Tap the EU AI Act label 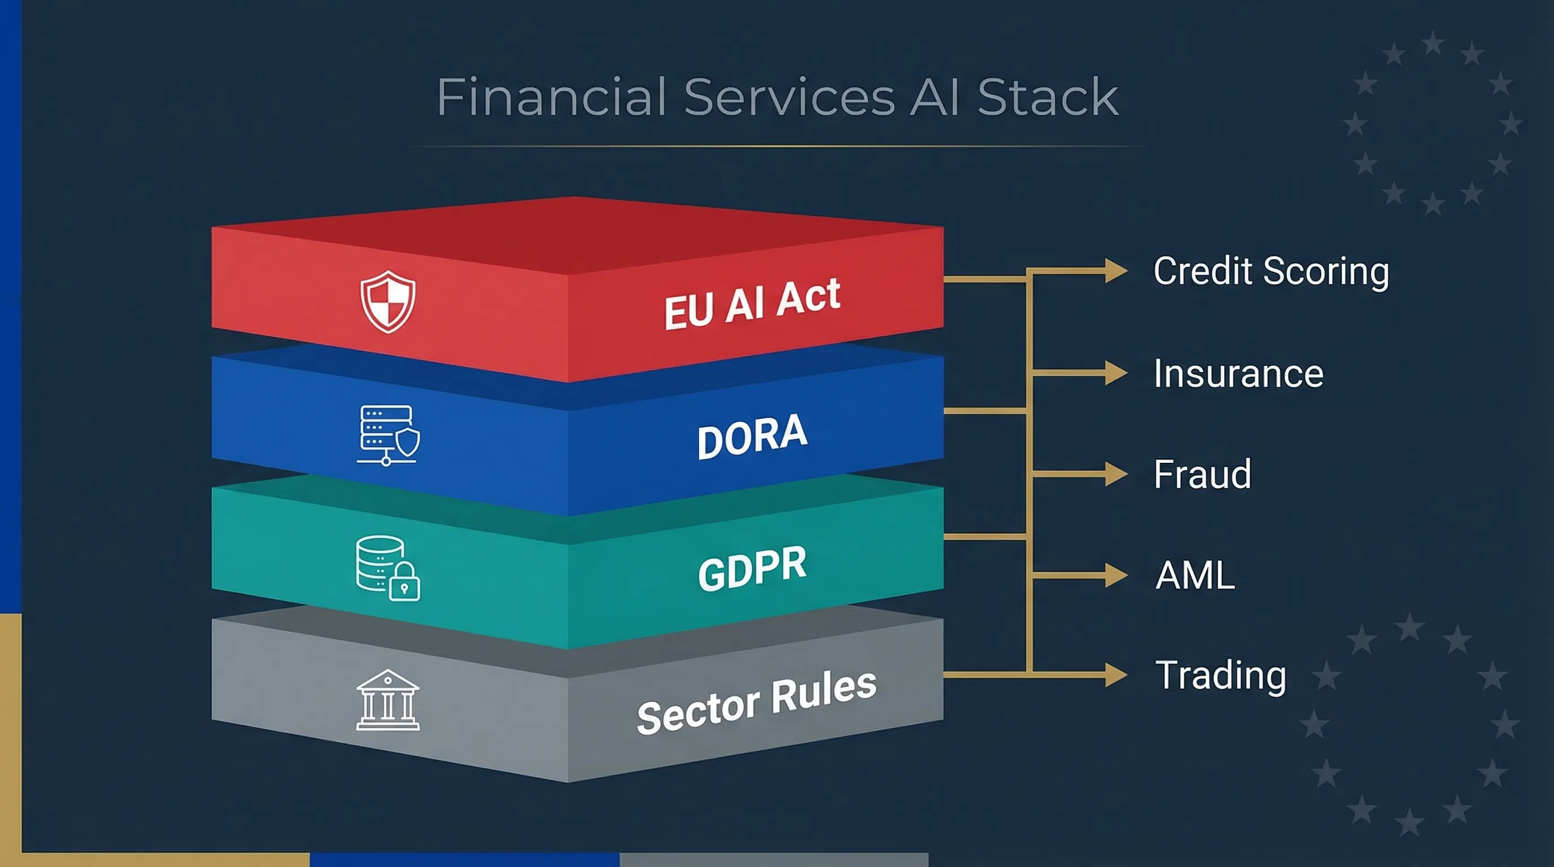tap(752, 304)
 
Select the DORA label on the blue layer tap(752, 436)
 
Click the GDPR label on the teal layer tap(752, 567)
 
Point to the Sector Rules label tap(757, 702)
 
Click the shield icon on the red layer tap(388, 301)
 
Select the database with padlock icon tap(388, 568)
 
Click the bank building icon tap(388, 700)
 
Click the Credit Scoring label tap(1271, 271)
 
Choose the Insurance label tap(1238, 373)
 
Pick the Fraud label tap(1202, 474)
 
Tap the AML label tap(1195, 575)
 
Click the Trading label tap(1220, 675)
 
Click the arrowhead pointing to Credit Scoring tap(1115, 271)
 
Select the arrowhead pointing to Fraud tap(1115, 474)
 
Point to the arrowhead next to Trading tap(1115, 675)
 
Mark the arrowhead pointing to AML tap(1115, 575)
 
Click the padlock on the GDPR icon tap(404, 583)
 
